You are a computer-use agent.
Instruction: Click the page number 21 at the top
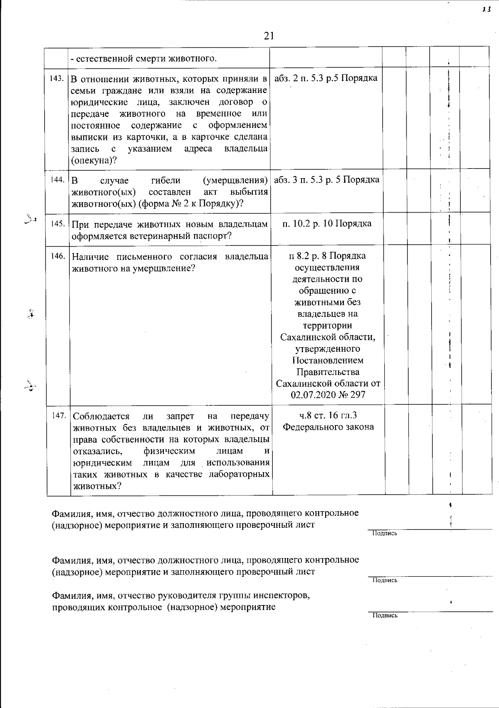point(269,36)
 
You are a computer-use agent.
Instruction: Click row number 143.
point(57,79)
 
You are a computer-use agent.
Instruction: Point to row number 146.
point(58,256)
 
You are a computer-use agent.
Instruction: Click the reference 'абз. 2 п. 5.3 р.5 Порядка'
point(326,78)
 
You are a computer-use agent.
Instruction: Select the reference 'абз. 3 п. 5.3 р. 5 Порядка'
point(327,180)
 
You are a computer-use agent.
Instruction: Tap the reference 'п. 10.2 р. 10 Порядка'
point(327,223)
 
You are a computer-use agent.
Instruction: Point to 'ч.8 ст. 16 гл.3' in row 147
point(328,415)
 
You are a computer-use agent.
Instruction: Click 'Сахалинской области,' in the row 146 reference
point(328,337)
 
